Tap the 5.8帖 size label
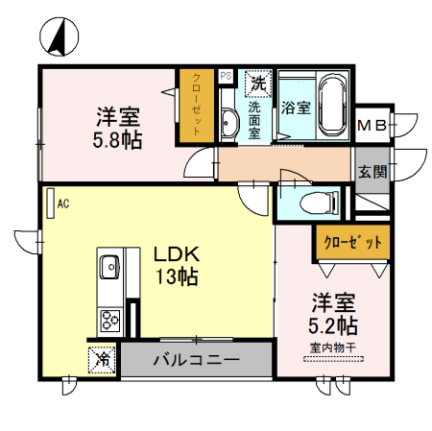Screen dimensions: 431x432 [119, 140]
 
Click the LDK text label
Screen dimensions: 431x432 [177, 255]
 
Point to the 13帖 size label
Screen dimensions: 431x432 [177, 278]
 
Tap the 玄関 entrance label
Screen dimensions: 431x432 [372, 172]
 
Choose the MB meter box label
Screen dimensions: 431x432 [372, 125]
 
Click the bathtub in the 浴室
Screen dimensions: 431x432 [331, 105]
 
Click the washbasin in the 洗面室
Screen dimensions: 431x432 [229, 122]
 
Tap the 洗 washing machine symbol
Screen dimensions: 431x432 [258, 84]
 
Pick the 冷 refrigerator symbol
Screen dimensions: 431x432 [103, 360]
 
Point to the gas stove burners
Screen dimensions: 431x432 [108, 319]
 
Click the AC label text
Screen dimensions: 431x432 [63, 204]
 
